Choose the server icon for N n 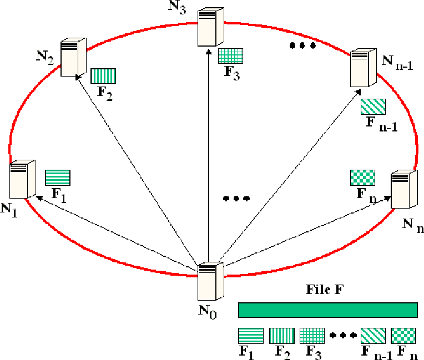coord(403,190)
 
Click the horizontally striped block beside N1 coord(58,177)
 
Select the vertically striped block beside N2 coord(103,76)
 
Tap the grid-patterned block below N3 coord(230,56)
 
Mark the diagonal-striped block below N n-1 coord(373,107)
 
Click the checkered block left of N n coord(363,178)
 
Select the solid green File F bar coord(327,310)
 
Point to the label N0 coord(208,315)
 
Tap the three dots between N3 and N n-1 coord(302,47)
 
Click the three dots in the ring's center coord(236,198)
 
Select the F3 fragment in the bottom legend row coord(311,336)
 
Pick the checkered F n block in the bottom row coord(403,336)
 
